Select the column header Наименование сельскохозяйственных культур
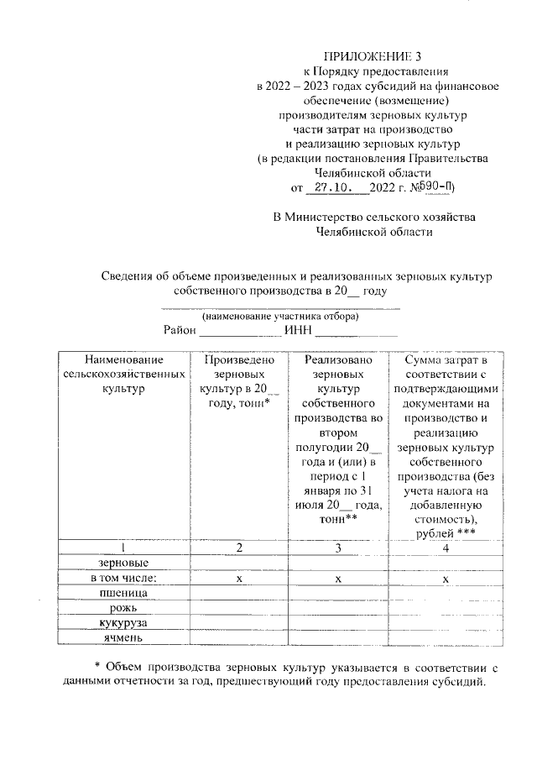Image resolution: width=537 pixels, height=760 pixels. tap(123, 375)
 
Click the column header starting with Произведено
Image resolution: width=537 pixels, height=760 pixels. tap(239, 382)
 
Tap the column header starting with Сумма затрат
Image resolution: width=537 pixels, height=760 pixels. tap(446, 445)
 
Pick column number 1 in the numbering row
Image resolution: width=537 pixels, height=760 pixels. tap(123, 548)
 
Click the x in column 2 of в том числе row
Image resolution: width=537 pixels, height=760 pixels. tap(239, 579)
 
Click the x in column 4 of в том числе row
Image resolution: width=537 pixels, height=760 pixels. tap(446, 579)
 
